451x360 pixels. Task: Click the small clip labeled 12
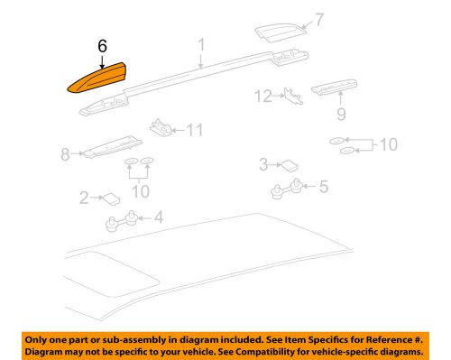point(291,95)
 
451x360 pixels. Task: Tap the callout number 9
point(342,115)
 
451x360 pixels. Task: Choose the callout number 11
point(195,131)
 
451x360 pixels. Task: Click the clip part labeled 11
point(163,127)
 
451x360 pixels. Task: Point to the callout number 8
point(65,155)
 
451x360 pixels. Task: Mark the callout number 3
point(263,163)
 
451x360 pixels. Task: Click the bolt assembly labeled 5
point(285,189)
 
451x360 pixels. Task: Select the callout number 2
point(85,196)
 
